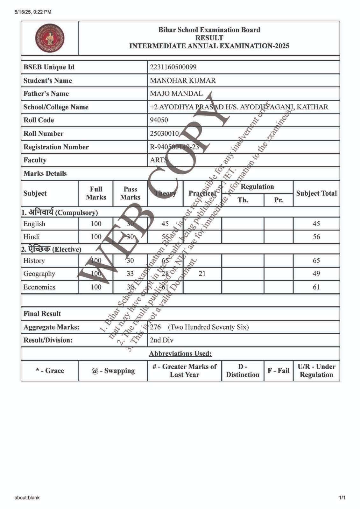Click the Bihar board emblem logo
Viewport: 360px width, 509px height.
[50, 38]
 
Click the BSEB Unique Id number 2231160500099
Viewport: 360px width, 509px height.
[173, 67]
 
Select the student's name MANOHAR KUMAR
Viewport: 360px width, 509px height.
[183, 80]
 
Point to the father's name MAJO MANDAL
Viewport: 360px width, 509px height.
[176, 94]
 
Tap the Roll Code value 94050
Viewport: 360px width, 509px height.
[159, 120]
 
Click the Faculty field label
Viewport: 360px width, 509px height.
[35, 160]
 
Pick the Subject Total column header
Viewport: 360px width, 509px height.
[316, 193]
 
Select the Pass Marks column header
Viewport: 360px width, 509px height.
[130, 193]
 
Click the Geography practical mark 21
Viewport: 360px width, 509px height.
[202, 274]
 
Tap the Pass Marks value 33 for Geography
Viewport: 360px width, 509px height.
[130, 274]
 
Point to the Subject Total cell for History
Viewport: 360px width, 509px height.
[316, 261]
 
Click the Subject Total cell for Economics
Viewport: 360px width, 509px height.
[316, 287]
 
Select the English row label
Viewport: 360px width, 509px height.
[34, 224]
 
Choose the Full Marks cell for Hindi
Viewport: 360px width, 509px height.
[96, 237]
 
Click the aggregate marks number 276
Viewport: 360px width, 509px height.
[155, 327]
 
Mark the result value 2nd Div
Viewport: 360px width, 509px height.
[162, 340]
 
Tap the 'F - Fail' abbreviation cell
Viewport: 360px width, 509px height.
[279, 371]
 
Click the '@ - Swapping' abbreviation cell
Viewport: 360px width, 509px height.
[113, 371]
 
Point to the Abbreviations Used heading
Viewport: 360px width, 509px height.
[180, 353]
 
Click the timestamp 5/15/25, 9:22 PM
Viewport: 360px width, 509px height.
[33, 12]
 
